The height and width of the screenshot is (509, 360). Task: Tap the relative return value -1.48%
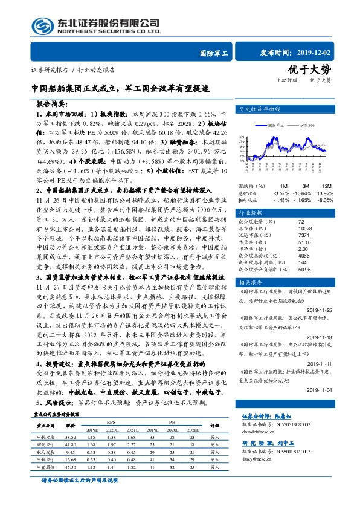282,199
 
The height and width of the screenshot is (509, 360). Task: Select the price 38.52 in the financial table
71,436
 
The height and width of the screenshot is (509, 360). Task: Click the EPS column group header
111,421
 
